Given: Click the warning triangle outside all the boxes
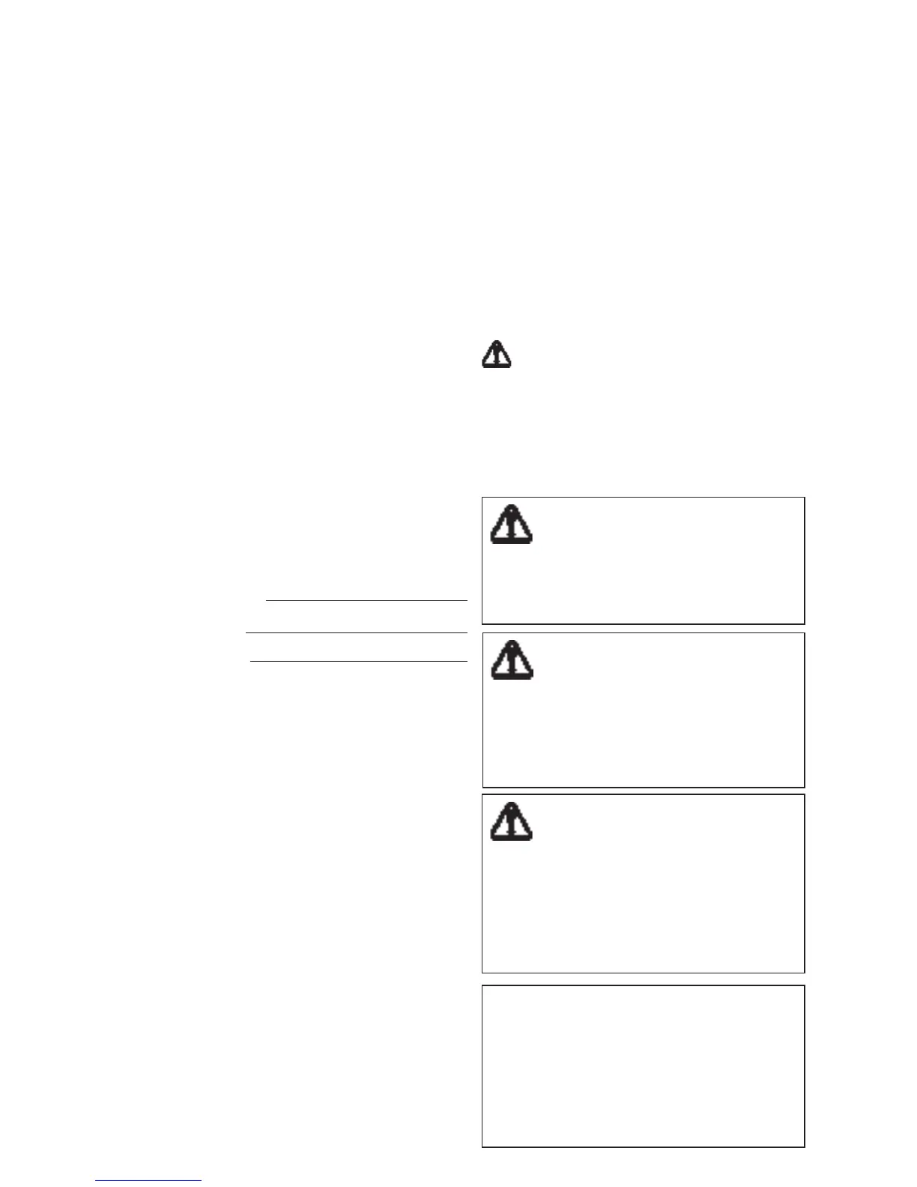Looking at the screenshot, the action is point(496,354).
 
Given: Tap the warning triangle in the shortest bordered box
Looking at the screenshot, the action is point(512,525).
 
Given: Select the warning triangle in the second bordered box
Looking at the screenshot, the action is point(512,660).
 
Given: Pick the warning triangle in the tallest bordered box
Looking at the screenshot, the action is point(512,822).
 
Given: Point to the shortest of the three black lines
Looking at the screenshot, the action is point(366,600).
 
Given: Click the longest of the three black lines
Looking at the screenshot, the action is point(357,633).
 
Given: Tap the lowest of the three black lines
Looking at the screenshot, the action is point(358,662).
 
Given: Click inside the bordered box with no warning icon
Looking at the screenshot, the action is point(643,1066).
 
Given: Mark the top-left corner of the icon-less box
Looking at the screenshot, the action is point(482,986).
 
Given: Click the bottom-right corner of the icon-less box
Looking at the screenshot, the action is point(804,1147).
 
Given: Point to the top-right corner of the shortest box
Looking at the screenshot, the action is point(804,498).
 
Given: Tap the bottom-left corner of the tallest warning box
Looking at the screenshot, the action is point(482,972).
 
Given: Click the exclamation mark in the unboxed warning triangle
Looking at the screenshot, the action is point(497,354).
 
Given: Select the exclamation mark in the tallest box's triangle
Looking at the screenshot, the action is point(512,821).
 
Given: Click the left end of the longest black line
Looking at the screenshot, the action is point(246,633).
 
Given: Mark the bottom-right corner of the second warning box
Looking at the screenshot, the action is point(804,787).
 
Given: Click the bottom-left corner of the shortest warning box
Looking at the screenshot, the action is point(482,623).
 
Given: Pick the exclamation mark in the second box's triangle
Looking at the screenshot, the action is point(512,659).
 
